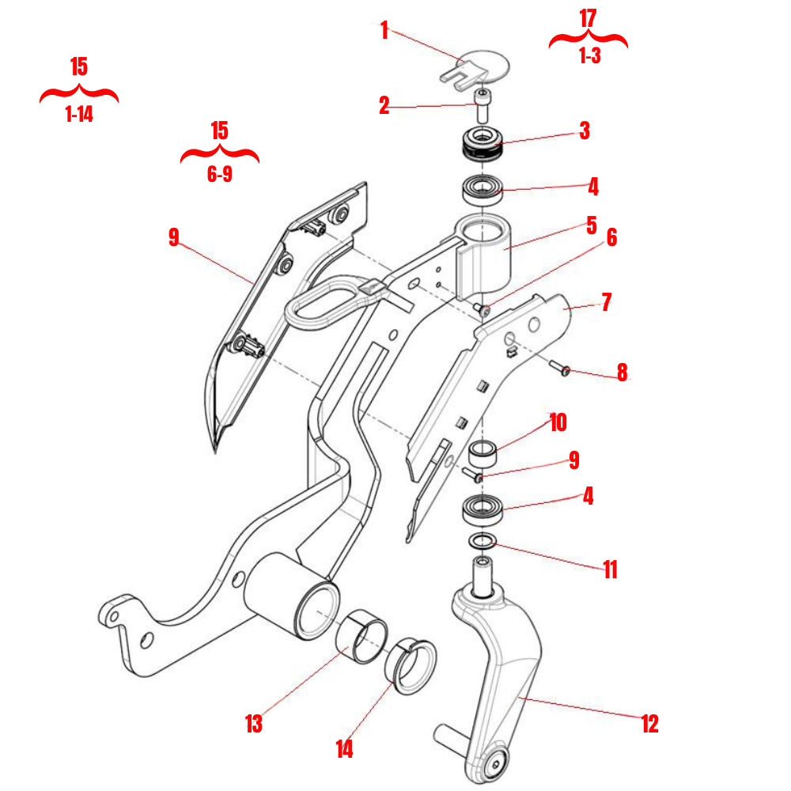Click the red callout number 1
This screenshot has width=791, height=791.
coord(384,32)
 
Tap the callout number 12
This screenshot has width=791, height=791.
coord(649,723)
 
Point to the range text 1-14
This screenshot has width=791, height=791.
coord(79,115)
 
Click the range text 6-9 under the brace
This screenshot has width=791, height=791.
coord(220,175)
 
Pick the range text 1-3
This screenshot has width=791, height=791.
coord(590,57)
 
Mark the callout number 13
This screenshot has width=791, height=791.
coord(254,723)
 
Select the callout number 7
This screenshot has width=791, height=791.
coord(607,302)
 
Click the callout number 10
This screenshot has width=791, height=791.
coord(558,422)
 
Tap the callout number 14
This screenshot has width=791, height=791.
coord(344,748)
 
